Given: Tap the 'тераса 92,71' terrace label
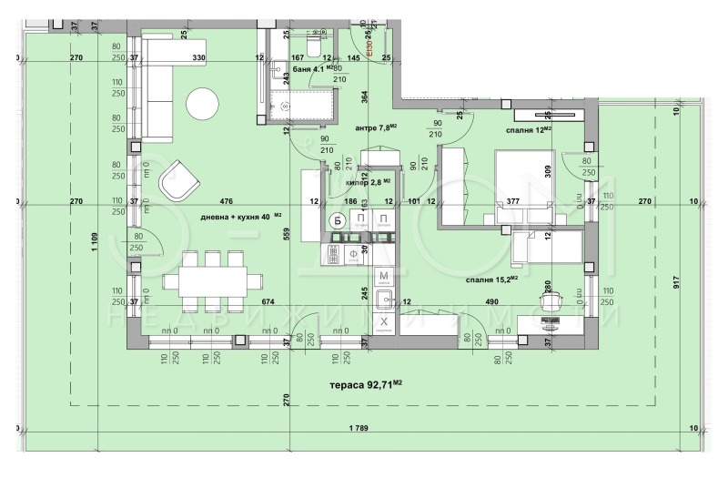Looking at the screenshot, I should point(365,385).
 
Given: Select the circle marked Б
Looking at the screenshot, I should point(336,219).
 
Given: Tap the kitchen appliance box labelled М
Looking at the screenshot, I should point(384,275).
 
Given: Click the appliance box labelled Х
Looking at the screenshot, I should point(384,322).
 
